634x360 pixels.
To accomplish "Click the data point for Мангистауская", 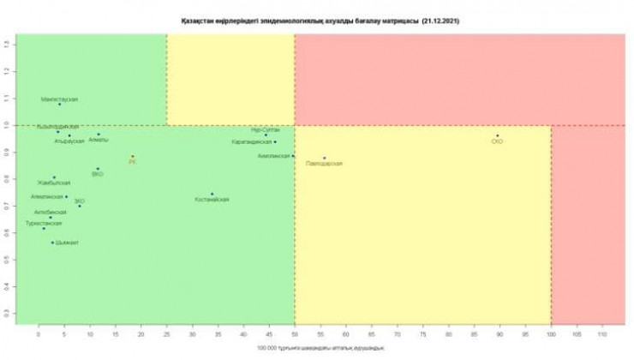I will pyautogui.click(x=59, y=104).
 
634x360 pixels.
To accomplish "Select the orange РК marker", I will pyautogui.click(x=133, y=156).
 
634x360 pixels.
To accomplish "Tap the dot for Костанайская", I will pyautogui.click(x=212, y=194).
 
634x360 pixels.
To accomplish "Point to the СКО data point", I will pyautogui.click(x=497, y=135).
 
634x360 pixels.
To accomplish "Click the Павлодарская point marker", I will pyautogui.click(x=324, y=158).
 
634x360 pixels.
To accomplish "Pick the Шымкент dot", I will pyautogui.click(x=52, y=242).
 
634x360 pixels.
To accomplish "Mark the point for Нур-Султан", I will pyautogui.click(x=266, y=135).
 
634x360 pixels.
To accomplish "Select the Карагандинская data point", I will pyautogui.click(x=275, y=141).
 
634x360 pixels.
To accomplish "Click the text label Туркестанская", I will pyautogui.click(x=44, y=223).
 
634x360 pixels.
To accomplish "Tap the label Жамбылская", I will pyautogui.click(x=52, y=183).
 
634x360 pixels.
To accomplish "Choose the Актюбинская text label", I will pyautogui.click(x=50, y=212).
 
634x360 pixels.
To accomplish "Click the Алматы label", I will pyautogui.click(x=99, y=140).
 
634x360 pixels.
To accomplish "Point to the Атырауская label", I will pyautogui.click(x=69, y=141).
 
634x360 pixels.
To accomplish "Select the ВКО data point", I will pyautogui.click(x=98, y=169).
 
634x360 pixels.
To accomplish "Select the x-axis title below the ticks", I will pyautogui.click(x=320, y=348).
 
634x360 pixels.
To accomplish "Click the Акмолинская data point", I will pyautogui.click(x=293, y=155).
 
